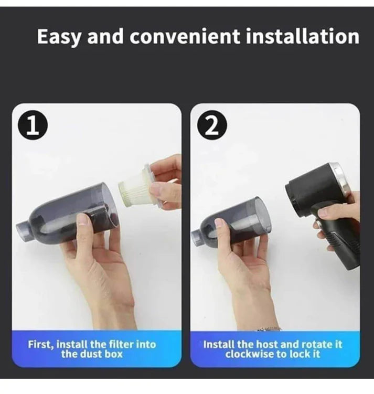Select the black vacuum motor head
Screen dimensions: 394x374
tap(310, 191)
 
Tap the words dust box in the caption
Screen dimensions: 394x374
tap(106, 354)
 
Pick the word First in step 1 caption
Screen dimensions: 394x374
tap(40, 345)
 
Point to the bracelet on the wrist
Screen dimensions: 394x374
tap(269, 329)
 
